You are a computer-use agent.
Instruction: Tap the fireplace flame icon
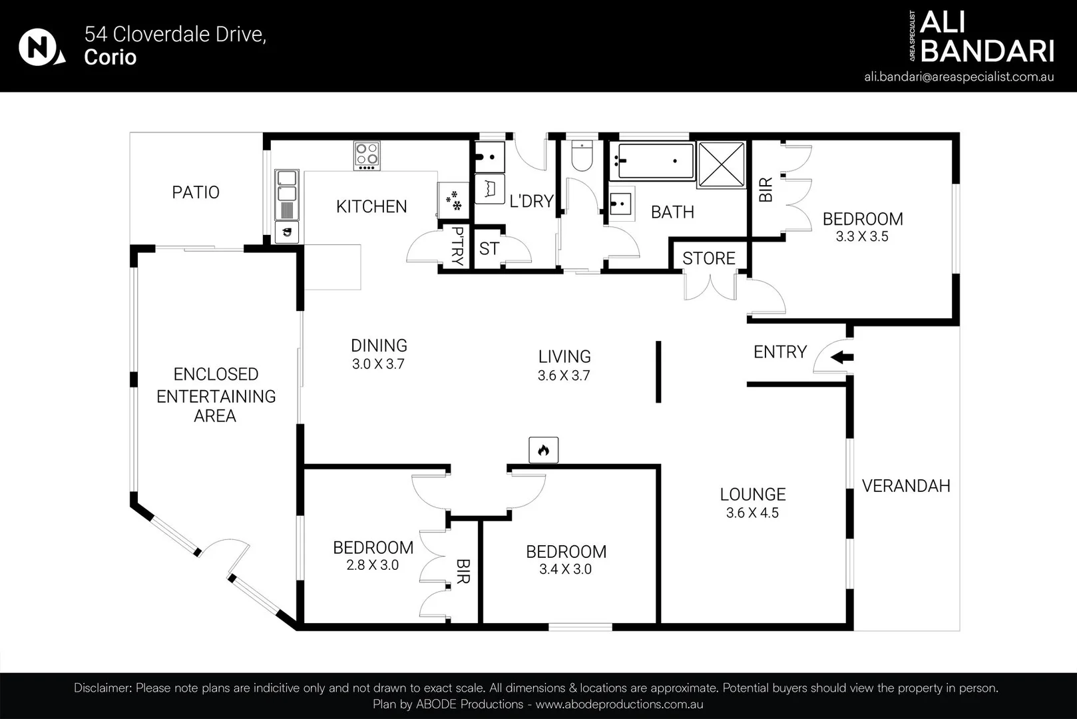pos(543,450)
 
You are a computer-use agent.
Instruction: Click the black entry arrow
pos(842,358)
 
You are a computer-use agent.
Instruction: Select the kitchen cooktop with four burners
pos(367,155)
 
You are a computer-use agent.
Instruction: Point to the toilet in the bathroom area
pos(582,156)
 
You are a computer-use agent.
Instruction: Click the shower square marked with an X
pos(721,164)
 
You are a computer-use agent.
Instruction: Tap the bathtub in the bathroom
pos(652,161)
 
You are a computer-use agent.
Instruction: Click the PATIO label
pos(196,192)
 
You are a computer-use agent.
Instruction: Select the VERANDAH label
pos(906,486)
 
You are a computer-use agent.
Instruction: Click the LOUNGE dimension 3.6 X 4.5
pos(752,513)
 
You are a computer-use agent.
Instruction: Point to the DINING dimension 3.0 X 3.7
pos(378,364)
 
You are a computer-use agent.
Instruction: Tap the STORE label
pos(709,259)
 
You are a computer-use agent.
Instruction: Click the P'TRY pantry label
pos(458,246)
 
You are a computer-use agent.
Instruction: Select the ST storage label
pos(489,248)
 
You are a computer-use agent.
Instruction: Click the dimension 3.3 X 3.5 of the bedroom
pos(862,236)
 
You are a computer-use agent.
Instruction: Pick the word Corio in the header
pos(110,57)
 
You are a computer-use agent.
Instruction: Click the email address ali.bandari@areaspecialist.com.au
pos(959,77)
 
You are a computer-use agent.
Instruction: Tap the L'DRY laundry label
pos(531,201)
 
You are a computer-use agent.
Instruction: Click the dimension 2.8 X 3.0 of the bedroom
pos(373,565)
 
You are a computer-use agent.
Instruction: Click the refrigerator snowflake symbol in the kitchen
pos(453,200)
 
